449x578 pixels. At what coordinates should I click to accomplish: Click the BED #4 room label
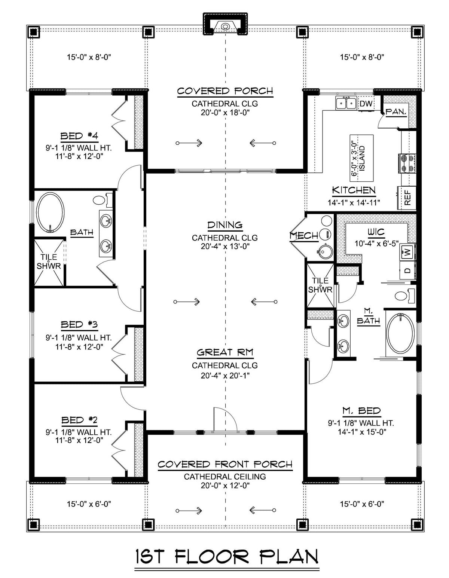[79, 136]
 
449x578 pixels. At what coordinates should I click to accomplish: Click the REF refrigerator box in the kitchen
[407, 198]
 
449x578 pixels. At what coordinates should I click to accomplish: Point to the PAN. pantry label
[396, 111]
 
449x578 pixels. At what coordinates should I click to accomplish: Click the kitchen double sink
[346, 103]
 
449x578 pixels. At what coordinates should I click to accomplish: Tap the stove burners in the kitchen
[406, 163]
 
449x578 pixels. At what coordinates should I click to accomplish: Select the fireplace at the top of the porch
[225, 25]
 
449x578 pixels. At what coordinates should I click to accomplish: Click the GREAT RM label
[225, 352]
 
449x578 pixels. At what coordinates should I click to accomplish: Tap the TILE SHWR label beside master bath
[320, 285]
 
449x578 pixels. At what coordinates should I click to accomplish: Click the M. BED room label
[361, 411]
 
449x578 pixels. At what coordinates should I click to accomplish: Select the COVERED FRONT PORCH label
[225, 464]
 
